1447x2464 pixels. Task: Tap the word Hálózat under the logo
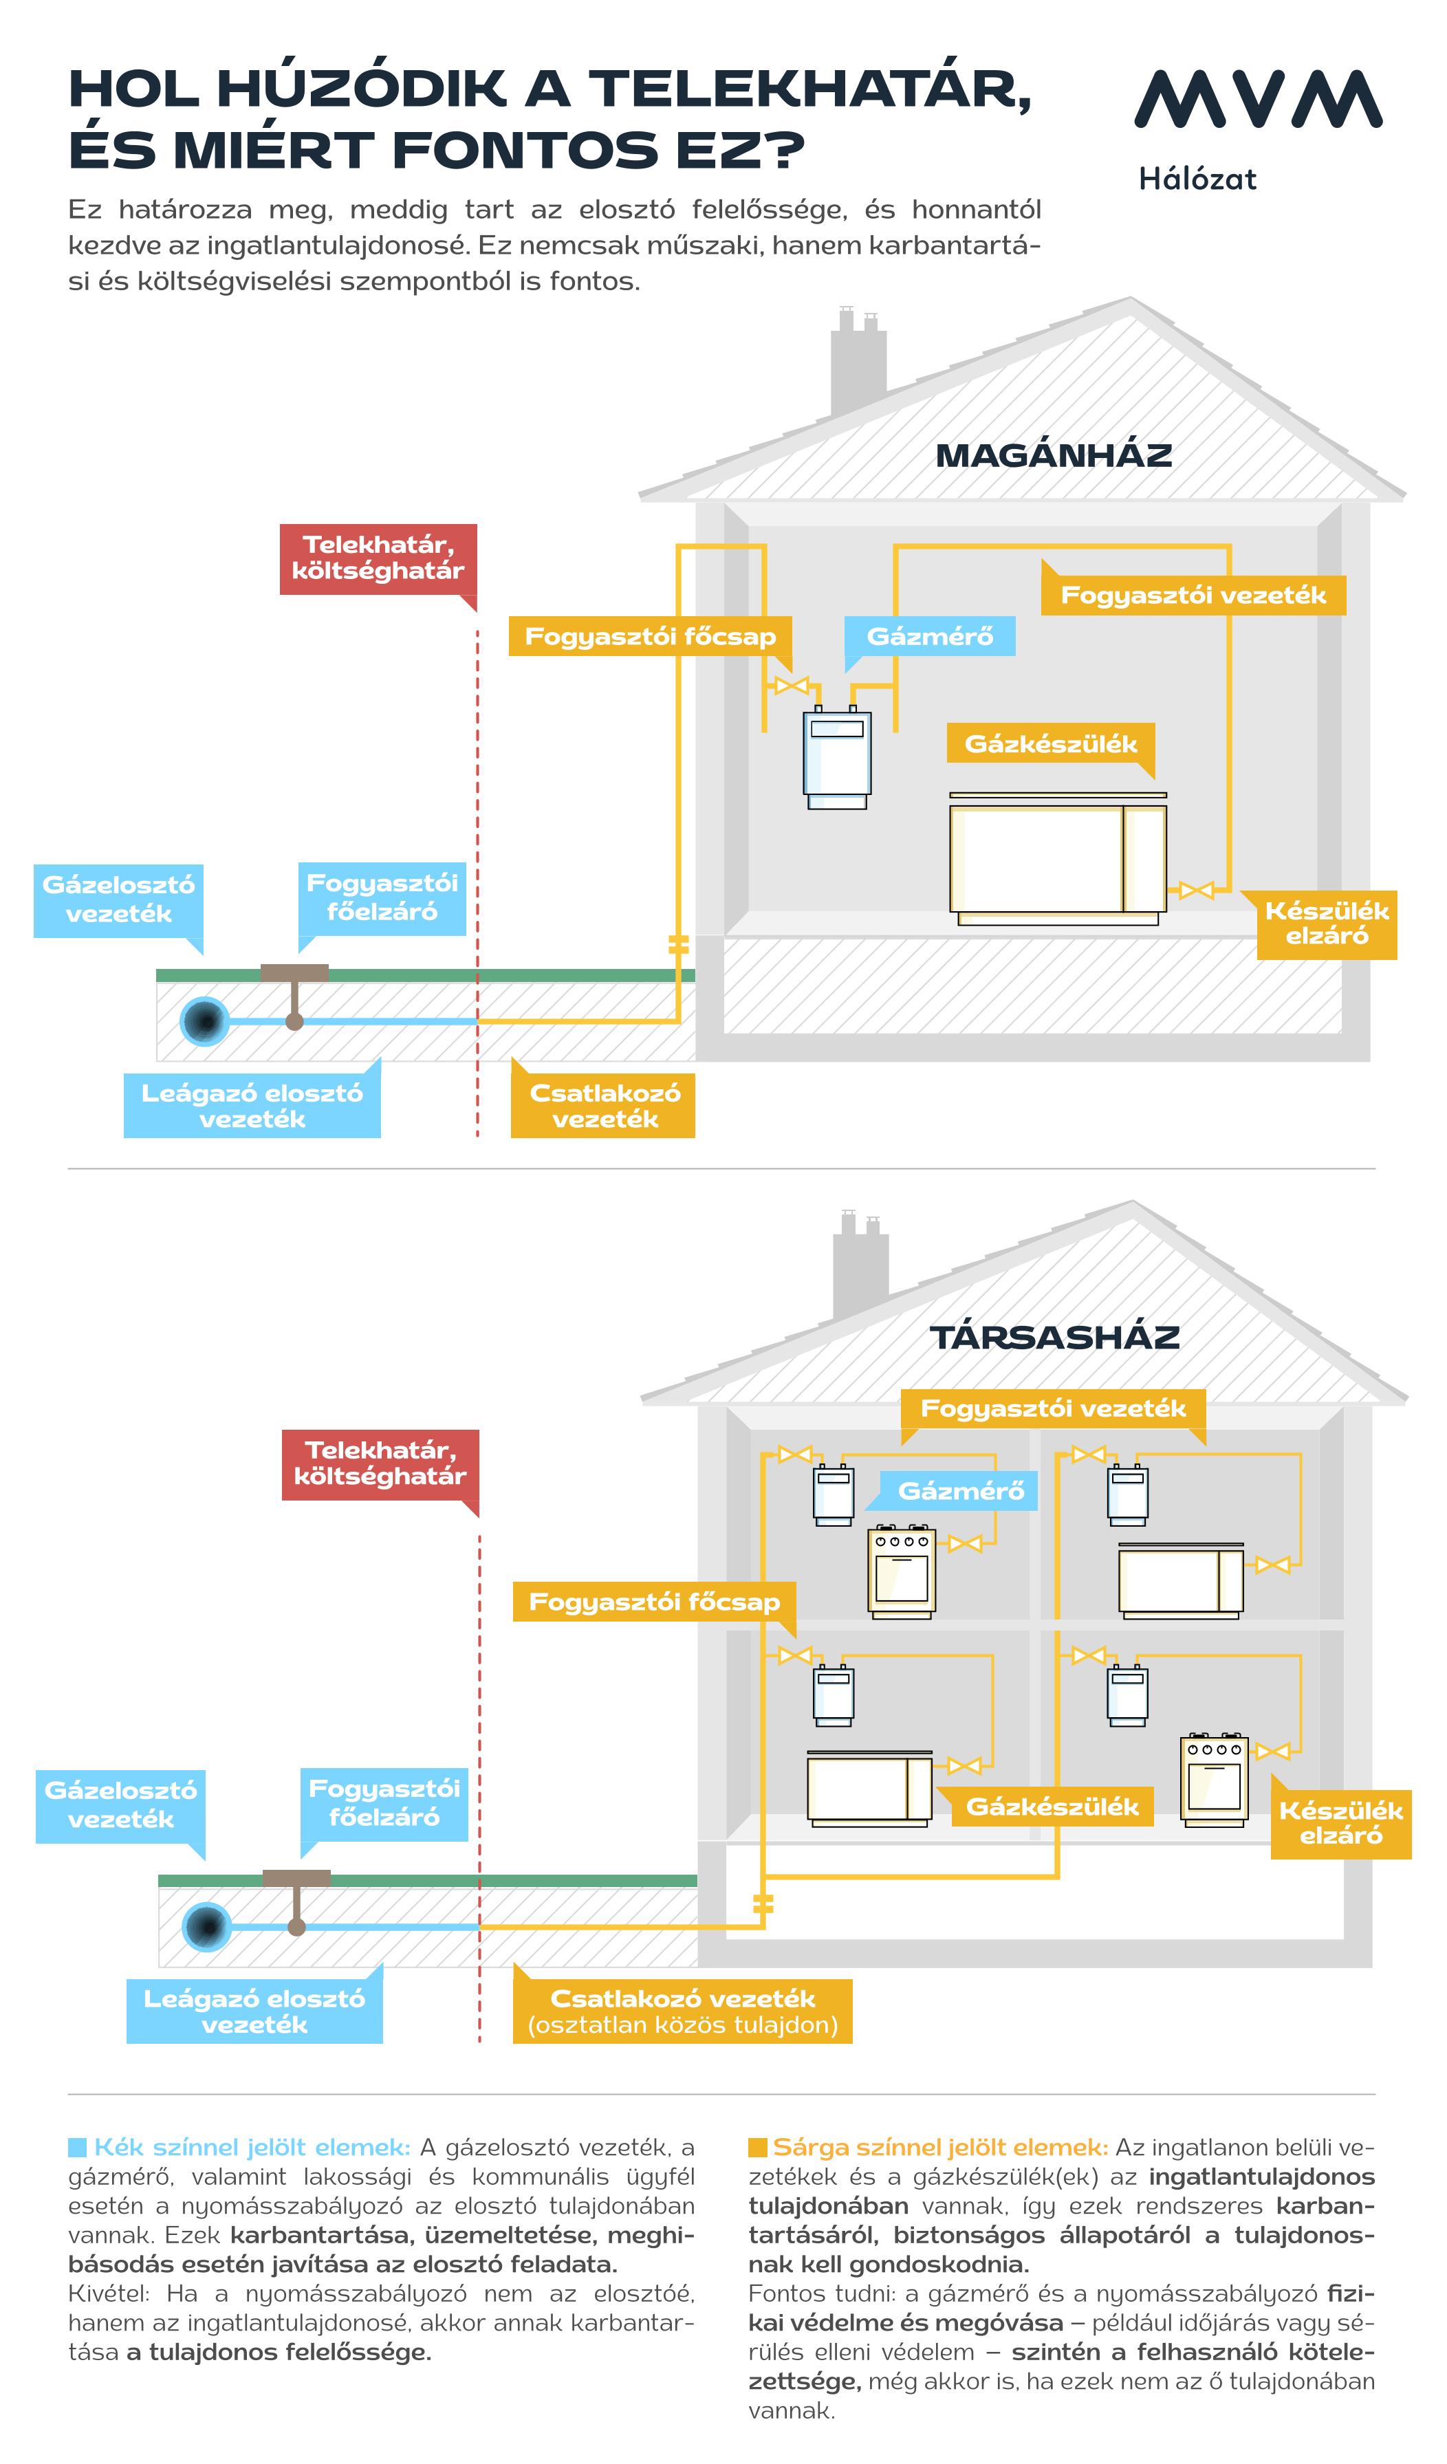[x=1197, y=179]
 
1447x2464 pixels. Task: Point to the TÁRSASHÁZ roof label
[x=1054, y=1337]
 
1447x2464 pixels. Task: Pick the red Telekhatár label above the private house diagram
[x=378, y=558]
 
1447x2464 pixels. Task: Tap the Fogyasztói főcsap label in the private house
[x=650, y=637]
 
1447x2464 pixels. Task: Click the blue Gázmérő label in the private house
[x=930, y=637]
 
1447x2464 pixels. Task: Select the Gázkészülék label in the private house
[x=1051, y=744]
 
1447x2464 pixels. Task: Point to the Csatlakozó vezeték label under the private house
[x=603, y=1106]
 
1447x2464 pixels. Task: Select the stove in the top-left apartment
[x=902, y=1569]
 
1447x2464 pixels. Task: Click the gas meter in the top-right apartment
[x=1127, y=1495]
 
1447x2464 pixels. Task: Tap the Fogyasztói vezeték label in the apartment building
[x=1053, y=1409]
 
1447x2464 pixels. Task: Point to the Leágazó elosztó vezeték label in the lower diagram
[x=254, y=2011]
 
